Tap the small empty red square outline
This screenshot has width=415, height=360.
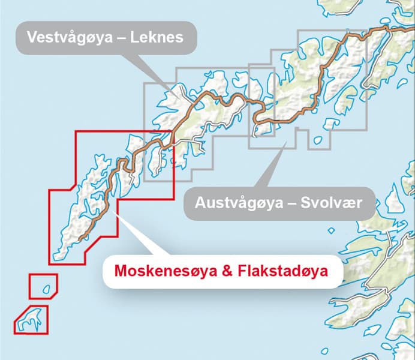(x=43, y=286)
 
